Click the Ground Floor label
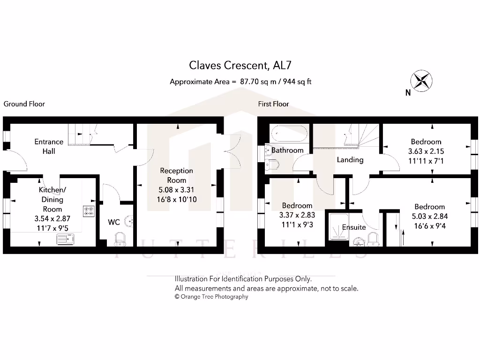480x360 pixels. (x=24, y=104)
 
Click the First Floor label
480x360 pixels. (x=273, y=104)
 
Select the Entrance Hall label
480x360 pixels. (x=49, y=146)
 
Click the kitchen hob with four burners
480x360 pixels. (x=89, y=212)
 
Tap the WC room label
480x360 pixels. (x=114, y=222)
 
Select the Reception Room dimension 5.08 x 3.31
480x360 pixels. (x=176, y=190)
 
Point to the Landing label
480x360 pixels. (x=350, y=160)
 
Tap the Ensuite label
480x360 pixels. (x=354, y=227)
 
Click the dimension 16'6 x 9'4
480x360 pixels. (x=429, y=225)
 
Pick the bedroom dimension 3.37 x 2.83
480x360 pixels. (x=298, y=215)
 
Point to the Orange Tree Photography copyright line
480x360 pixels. (x=211, y=297)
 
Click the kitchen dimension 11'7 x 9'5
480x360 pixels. (x=52, y=228)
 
